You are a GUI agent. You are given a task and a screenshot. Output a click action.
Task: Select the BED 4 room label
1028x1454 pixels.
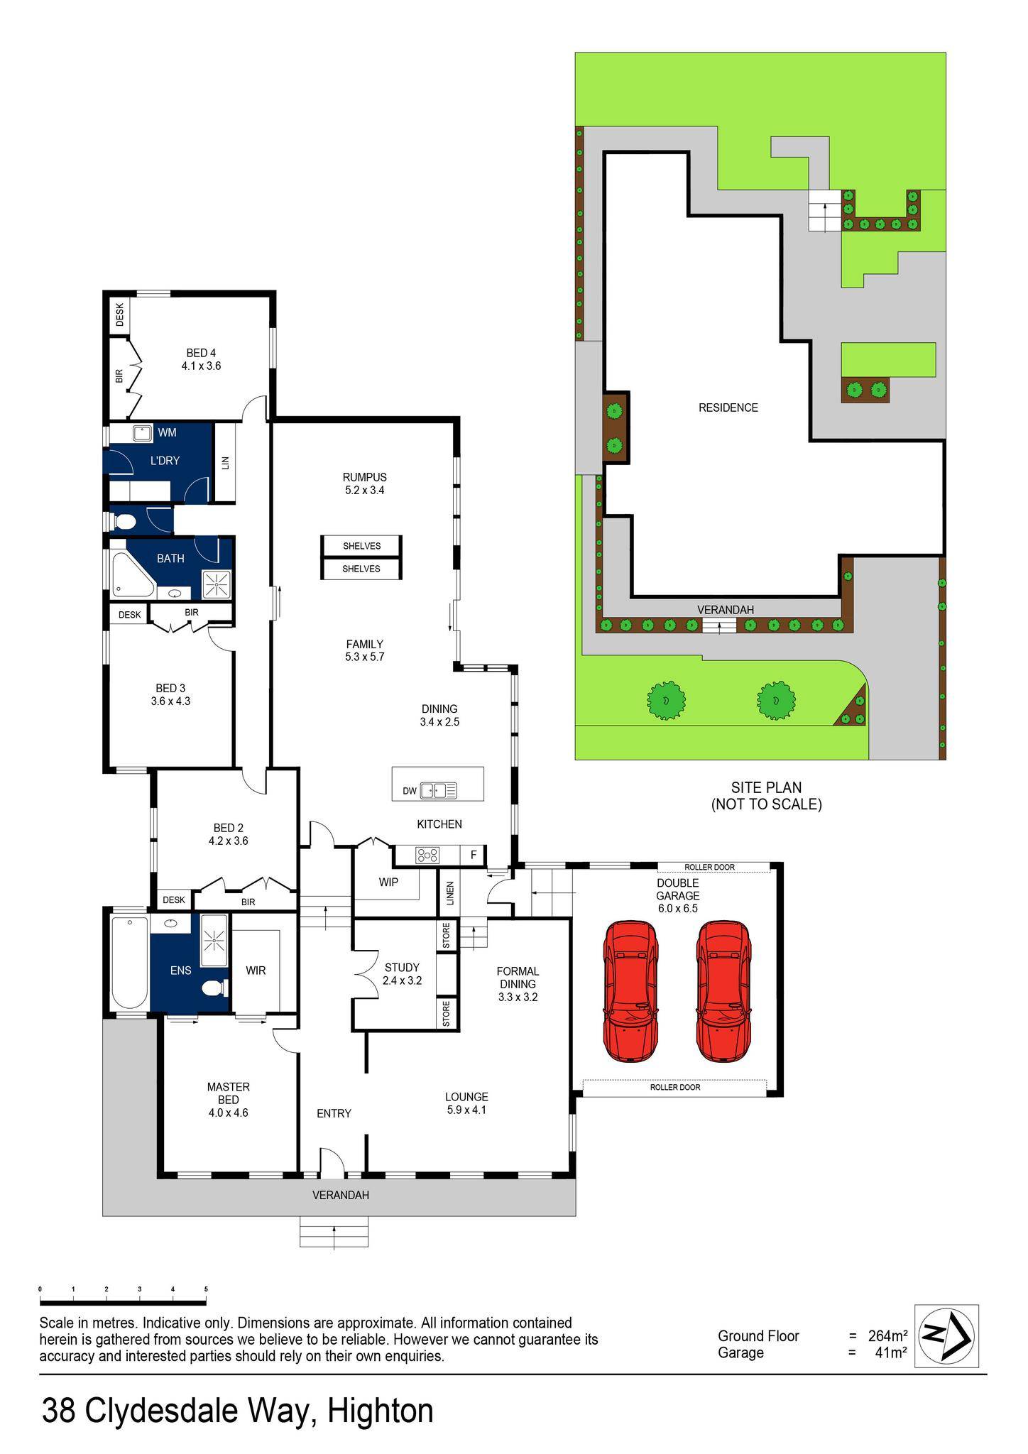(x=201, y=359)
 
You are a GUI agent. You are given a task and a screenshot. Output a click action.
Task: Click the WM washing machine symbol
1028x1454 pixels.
(x=142, y=432)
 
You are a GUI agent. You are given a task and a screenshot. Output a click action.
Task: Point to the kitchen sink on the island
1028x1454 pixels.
(x=432, y=790)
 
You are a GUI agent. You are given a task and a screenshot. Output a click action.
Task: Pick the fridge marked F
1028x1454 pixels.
(x=474, y=856)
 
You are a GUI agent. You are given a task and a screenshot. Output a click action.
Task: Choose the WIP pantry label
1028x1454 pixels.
(x=388, y=882)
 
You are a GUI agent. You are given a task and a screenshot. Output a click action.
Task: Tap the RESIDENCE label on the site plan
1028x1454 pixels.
(x=728, y=408)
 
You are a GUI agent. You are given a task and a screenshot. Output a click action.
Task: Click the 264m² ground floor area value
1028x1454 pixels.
(x=887, y=1336)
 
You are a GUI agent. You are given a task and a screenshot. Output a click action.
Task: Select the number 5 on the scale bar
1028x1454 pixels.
(x=206, y=1289)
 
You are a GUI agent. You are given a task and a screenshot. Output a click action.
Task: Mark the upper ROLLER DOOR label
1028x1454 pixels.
(x=709, y=868)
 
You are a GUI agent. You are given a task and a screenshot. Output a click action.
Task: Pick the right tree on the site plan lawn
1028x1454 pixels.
(x=775, y=700)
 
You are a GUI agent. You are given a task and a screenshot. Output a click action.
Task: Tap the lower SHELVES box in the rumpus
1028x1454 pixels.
(x=361, y=569)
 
